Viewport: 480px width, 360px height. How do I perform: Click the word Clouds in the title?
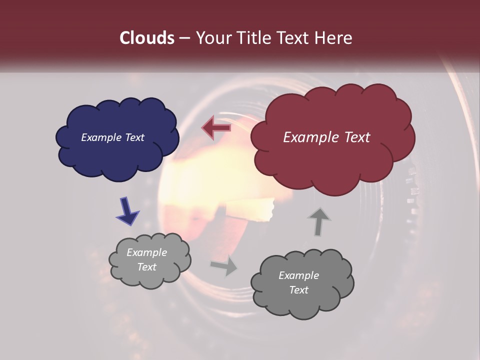[x=147, y=38]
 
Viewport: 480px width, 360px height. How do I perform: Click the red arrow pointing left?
[x=216, y=128]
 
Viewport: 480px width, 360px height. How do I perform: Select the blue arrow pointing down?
[x=127, y=210]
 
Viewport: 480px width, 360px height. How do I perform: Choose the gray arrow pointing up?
[x=318, y=221]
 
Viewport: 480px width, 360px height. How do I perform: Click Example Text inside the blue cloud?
[x=112, y=137]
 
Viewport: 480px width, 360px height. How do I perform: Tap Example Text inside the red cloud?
[x=326, y=137]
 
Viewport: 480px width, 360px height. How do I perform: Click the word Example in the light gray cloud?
[x=146, y=252]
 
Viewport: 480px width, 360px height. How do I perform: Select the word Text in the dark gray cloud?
[x=298, y=290]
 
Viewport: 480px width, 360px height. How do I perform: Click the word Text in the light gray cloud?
[x=146, y=267]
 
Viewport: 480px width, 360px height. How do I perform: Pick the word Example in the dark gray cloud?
[x=298, y=275]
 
